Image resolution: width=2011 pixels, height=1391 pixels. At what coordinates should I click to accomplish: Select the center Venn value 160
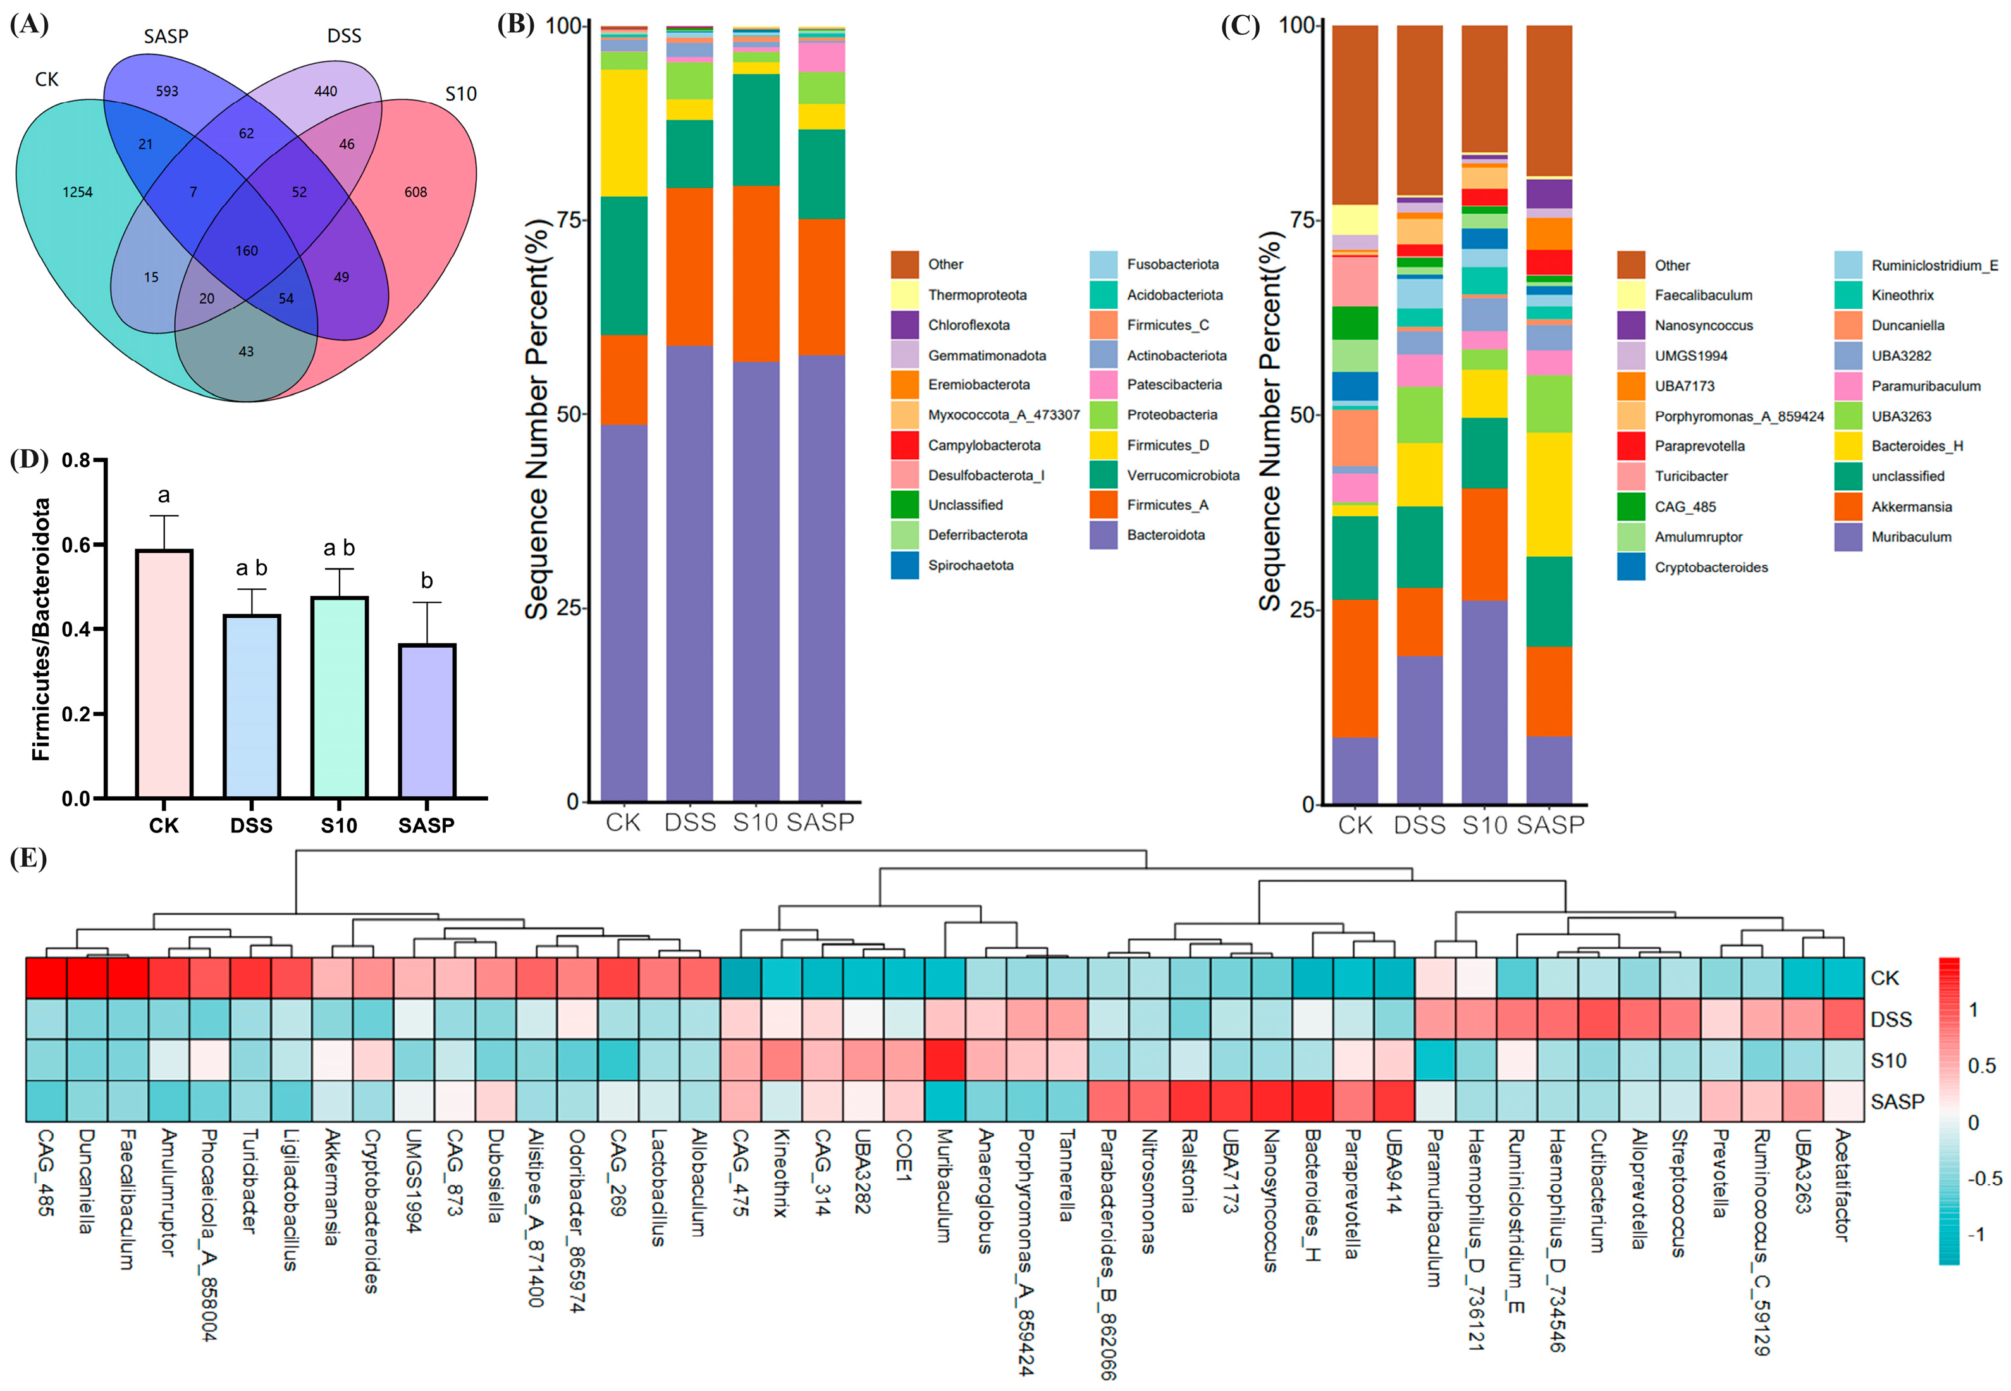tap(247, 251)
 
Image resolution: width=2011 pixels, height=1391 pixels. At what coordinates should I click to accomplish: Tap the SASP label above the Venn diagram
tap(166, 35)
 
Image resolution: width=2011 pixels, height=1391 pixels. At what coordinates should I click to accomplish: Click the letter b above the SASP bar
tap(426, 581)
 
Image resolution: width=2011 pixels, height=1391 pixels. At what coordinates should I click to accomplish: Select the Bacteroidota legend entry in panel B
tap(1165, 535)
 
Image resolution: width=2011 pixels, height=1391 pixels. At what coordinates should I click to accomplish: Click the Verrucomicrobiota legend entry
tap(1183, 475)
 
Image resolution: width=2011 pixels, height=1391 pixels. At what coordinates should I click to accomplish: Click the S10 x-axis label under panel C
tap(1484, 824)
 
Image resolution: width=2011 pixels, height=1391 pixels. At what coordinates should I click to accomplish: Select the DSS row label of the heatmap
tap(1891, 1019)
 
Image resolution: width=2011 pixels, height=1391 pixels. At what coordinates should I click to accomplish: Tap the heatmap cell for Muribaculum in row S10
tap(945, 1060)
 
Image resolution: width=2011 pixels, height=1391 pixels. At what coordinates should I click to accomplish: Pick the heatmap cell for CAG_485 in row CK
tap(46, 978)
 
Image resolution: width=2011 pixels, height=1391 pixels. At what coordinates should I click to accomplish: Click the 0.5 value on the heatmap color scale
tap(1981, 1066)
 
